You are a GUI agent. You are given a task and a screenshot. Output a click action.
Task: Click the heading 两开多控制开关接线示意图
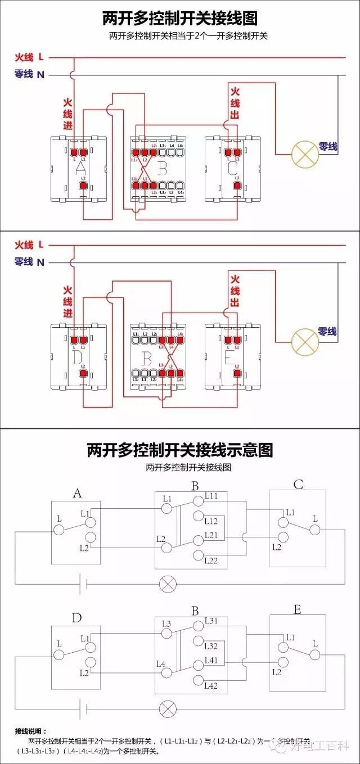[x=179, y=450]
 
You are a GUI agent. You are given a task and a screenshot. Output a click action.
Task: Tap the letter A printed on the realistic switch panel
[x=80, y=168]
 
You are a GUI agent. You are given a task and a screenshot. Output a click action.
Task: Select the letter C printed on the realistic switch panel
[x=233, y=168]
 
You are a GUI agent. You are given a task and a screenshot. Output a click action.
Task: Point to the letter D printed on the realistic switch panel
[x=78, y=356]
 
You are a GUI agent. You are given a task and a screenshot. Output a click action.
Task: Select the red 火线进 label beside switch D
[x=67, y=304]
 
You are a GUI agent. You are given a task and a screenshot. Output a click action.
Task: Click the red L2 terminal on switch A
[x=83, y=185]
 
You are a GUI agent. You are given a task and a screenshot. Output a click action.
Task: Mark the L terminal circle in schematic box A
[x=58, y=530]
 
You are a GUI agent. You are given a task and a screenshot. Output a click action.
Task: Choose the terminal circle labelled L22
[x=197, y=556]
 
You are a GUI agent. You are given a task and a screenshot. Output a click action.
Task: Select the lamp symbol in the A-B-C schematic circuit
[x=167, y=584]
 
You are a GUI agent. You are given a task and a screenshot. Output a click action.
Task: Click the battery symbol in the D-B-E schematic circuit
[x=83, y=706]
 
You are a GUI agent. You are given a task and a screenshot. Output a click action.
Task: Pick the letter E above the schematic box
[x=297, y=610]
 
